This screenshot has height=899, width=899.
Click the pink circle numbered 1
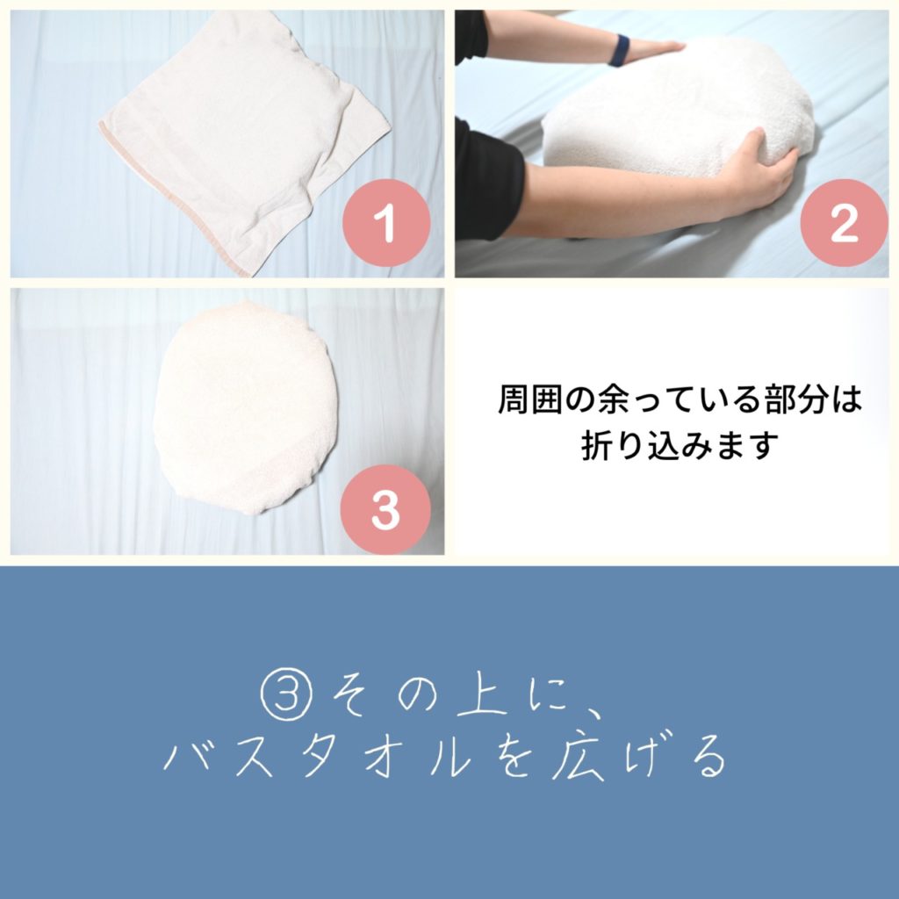click(x=386, y=222)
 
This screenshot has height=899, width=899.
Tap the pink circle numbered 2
click(x=844, y=222)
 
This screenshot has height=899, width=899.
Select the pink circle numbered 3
click(x=385, y=509)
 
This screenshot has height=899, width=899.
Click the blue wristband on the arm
click(x=619, y=50)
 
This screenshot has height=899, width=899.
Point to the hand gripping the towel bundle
click(x=757, y=172)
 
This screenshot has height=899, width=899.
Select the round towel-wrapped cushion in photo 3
click(x=247, y=407)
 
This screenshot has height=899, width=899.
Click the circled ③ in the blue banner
click(x=286, y=694)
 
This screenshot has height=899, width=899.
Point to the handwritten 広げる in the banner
click(x=637, y=758)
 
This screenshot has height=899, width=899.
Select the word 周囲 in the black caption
click(x=531, y=399)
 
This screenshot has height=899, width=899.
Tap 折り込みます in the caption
click(x=680, y=446)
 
